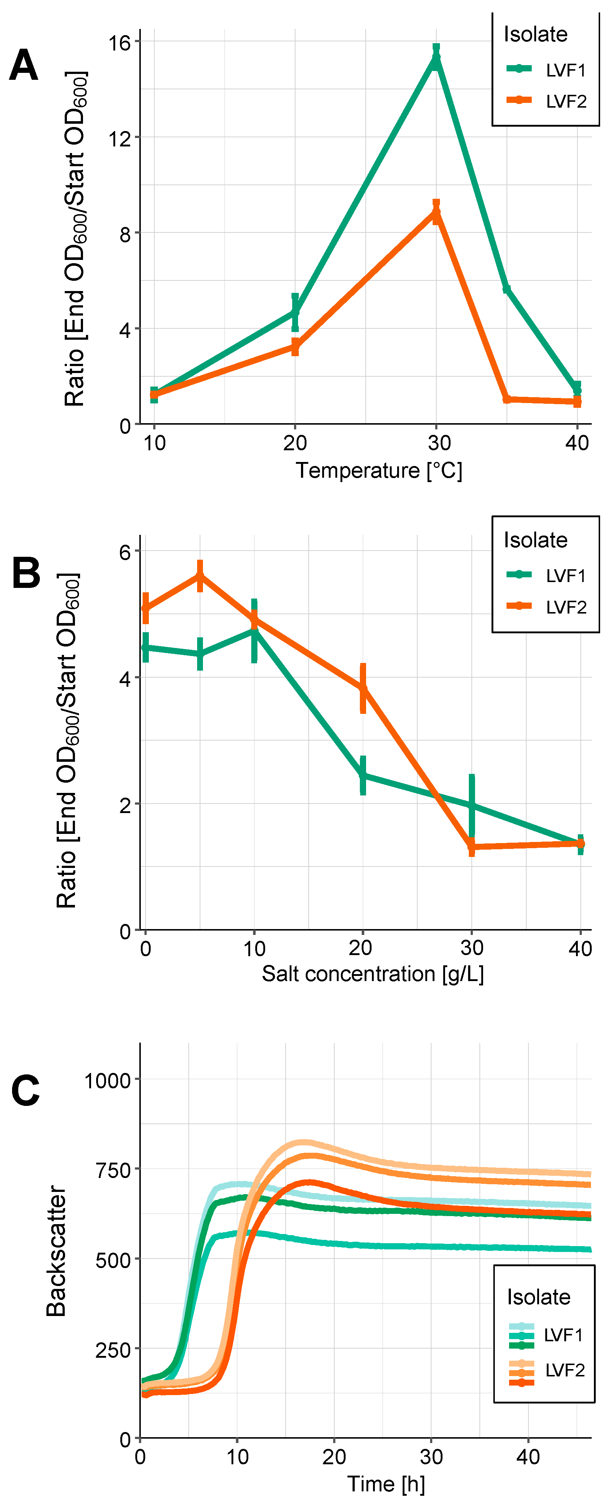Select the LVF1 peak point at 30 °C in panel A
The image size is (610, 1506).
[436, 59]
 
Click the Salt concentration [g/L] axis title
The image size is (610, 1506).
[372, 973]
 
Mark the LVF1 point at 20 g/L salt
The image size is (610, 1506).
[363, 776]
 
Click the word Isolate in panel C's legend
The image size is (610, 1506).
[538, 1297]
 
